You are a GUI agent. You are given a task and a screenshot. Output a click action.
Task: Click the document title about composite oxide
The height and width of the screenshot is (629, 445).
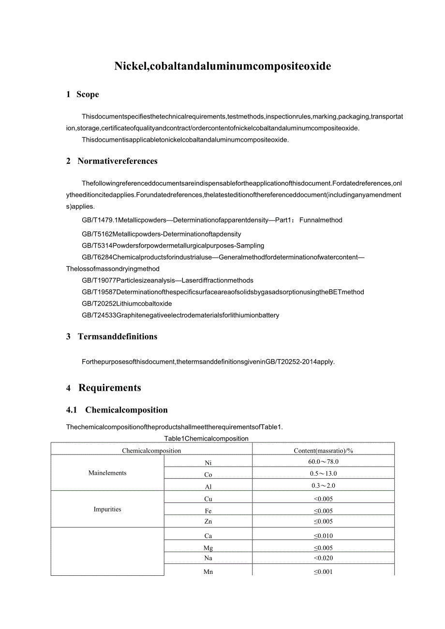(222, 66)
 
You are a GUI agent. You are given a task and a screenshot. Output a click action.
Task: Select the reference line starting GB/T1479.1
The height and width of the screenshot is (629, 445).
(212, 220)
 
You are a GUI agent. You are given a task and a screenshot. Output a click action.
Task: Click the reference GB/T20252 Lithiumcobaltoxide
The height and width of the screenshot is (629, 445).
(127, 304)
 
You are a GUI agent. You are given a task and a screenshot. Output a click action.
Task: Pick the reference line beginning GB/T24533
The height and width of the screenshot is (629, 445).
(180, 315)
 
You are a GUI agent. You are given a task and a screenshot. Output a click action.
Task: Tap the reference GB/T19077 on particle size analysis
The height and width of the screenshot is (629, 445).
(167, 280)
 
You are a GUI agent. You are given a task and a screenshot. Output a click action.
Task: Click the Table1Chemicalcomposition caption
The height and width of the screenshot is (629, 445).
(206, 439)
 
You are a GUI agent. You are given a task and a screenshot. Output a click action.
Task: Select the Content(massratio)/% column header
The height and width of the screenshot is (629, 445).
(323, 451)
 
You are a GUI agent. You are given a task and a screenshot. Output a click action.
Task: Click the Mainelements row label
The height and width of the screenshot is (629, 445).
(107, 473)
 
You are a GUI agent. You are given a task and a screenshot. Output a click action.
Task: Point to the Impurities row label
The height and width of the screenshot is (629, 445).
(107, 509)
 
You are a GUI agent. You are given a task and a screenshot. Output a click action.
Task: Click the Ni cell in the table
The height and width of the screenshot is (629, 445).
(208, 463)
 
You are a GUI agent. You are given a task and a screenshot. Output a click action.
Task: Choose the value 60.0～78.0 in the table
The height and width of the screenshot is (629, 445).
(323, 462)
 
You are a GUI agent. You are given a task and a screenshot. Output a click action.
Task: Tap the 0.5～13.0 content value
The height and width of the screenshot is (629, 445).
(323, 474)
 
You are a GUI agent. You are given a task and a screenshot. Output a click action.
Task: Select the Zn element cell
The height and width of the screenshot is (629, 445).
(208, 522)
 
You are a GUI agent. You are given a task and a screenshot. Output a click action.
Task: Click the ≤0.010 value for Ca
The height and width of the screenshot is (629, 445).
(323, 536)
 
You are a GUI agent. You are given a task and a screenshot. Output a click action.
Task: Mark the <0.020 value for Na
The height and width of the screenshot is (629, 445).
(323, 558)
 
